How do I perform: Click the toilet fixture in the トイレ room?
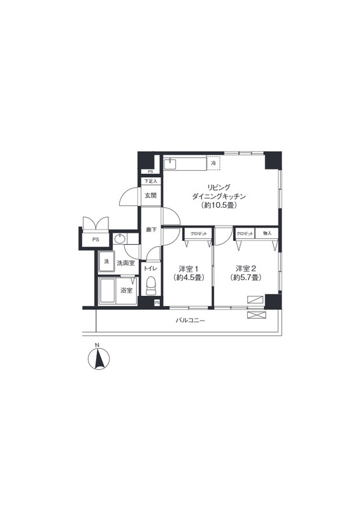coord(151,286)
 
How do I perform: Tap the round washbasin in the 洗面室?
coord(119,239)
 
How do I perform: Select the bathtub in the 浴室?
coord(106,291)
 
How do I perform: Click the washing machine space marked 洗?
coord(106,261)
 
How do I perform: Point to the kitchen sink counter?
coord(185,164)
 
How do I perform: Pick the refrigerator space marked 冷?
coord(213,163)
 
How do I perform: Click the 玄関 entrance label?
coord(150,196)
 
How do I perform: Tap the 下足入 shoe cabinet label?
coord(150,181)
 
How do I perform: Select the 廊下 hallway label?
coord(151,229)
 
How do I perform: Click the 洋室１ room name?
coord(189,268)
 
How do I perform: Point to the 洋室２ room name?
coord(246,268)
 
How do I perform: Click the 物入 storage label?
coord(267,233)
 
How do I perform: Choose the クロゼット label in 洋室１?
coord(198,233)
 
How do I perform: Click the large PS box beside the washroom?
coord(96,240)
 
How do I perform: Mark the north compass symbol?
coord(99,358)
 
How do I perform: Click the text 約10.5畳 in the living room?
coord(218,205)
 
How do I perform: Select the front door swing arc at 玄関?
coord(129,196)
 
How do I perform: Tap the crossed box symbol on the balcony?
coord(257,315)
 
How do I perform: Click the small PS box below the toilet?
coord(157,302)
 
